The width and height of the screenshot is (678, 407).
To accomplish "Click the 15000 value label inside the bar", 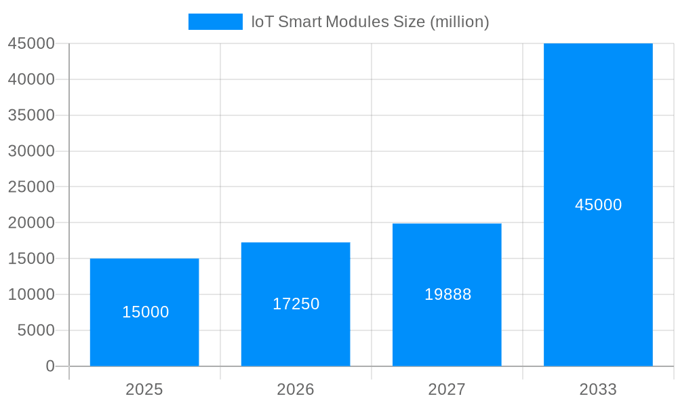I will (x=146, y=312).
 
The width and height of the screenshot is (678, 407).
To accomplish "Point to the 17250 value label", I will (x=296, y=304).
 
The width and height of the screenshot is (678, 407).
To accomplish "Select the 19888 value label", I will (x=447, y=294).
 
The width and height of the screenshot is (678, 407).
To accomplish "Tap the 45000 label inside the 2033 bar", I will (x=598, y=205).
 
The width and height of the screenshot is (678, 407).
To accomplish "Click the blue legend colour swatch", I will (x=215, y=22).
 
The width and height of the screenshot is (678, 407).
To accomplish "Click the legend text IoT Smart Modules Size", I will (x=370, y=22).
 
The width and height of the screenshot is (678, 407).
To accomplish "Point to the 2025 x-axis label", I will (x=144, y=389).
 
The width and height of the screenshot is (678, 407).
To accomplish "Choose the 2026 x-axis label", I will (x=296, y=389).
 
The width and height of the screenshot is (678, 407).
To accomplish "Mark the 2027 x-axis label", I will (x=447, y=389).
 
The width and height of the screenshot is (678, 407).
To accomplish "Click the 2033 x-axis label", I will (x=598, y=389).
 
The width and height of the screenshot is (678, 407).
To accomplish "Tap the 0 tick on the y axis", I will (x=50, y=366).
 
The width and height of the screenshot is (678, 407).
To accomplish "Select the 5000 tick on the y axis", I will (x=35, y=330).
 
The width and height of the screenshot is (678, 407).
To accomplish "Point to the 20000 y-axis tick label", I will (x=31, y=222).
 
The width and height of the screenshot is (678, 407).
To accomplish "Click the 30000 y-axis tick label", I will (x=31, y=151).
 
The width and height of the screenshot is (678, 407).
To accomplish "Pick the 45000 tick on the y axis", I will (x=31, y=43).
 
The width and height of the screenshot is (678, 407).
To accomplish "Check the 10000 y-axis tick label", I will (x=31, y=294).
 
